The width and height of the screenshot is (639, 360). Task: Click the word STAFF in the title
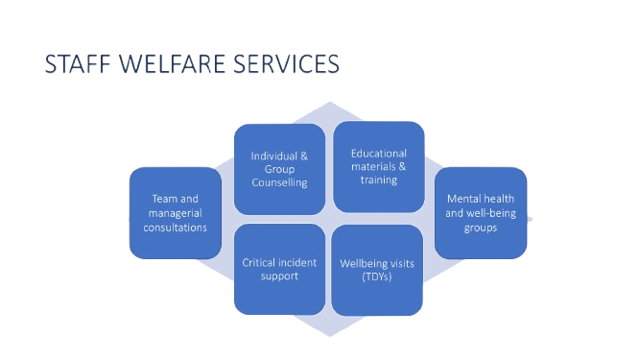[x=78, y=64]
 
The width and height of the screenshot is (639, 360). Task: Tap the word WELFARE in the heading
[x=172, y=64]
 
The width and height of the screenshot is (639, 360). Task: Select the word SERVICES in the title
[x=287, y=64]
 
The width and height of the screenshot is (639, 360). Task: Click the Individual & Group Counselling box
[x=279, y=169]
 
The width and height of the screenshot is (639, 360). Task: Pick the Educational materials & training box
[x=379, y=167]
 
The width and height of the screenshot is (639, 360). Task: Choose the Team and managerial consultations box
[x=176, y=213]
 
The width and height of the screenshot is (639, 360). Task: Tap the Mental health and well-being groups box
[x=481, y=213]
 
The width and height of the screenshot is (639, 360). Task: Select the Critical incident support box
[x=279, y=269]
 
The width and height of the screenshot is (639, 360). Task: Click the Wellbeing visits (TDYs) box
[x=377, y=270]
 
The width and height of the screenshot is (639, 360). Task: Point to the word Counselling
[x=279, y=182]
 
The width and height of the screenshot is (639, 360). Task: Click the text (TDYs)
[x=377, y=276]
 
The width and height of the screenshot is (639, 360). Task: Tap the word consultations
[x=176, y=228]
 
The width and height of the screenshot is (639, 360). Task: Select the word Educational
[x=379, y=154]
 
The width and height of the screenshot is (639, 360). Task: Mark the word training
[x=379, y=180]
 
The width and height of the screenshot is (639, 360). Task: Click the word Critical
[x=255, y=262]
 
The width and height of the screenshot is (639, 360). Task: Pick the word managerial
[x=176, y=213]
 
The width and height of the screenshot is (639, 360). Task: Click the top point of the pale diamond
[x=330, y=102]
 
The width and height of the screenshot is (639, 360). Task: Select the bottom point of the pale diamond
[x=330, y=336]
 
